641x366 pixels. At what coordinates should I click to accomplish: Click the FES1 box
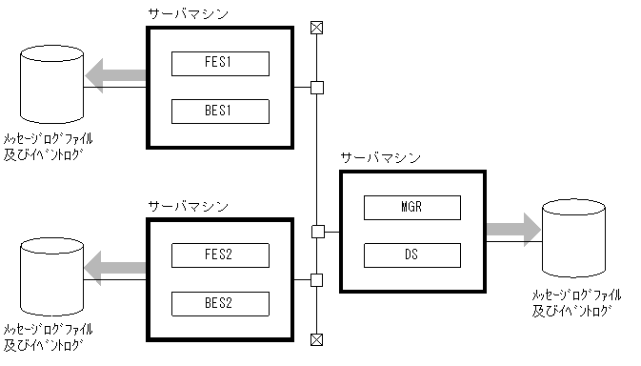coord(220,64)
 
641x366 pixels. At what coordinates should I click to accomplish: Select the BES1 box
coord(220,111)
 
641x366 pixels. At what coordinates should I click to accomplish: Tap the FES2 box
coord(220,255)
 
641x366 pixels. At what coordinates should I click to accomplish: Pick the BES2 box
coord(220,303)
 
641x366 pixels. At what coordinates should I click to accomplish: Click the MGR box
coord(411,207)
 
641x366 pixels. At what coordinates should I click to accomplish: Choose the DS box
coord(411,254)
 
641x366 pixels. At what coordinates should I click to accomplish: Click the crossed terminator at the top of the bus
coord(318,28)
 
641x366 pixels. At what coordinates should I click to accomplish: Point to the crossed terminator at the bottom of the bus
coord(318,338)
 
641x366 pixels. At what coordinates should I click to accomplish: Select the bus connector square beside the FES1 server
coord(318,89)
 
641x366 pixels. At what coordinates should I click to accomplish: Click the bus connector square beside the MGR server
coord(318,231)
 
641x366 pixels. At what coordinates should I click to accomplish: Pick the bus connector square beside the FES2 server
coord(318,280)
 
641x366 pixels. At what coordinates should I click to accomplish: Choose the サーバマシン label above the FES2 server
coord(189,205)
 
